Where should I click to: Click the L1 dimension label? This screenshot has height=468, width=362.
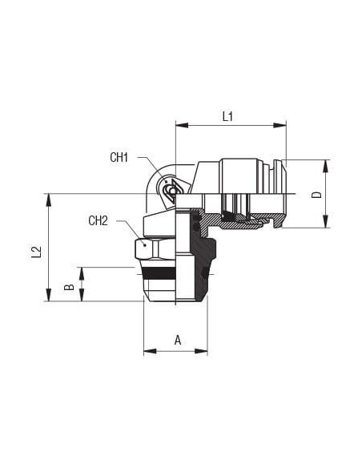pos(227,116)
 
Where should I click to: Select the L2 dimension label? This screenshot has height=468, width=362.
pos(36,252)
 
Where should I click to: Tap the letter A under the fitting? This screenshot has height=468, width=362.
pos(178,340)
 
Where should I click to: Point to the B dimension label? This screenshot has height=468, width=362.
pos(69,287)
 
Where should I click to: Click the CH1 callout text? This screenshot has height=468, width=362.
pos(119,157)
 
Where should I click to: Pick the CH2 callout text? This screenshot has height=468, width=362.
pos(98,220)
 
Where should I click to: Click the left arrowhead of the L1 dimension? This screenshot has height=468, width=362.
pos(182,125)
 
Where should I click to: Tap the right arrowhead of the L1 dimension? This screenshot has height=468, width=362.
pos(280,125)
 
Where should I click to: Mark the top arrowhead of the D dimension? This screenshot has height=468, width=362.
pos(326,166)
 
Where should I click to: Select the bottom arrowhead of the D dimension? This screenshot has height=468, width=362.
pos(326,221)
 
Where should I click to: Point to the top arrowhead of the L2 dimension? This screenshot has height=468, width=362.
pos(48,200)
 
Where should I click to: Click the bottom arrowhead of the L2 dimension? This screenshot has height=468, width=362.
pos(48,295)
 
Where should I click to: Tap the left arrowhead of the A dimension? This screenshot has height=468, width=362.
pos(150,351)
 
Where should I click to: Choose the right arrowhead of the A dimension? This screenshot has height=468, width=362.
pos(201,351)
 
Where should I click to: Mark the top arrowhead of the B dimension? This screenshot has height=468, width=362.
pos(82,273)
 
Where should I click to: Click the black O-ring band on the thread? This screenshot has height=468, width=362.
pos(159,272)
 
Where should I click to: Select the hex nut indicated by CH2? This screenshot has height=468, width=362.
pos(155,248)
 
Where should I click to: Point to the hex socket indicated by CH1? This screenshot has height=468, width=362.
pos(171,190)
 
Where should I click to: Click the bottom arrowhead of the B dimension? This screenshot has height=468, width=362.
pos(82,295)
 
